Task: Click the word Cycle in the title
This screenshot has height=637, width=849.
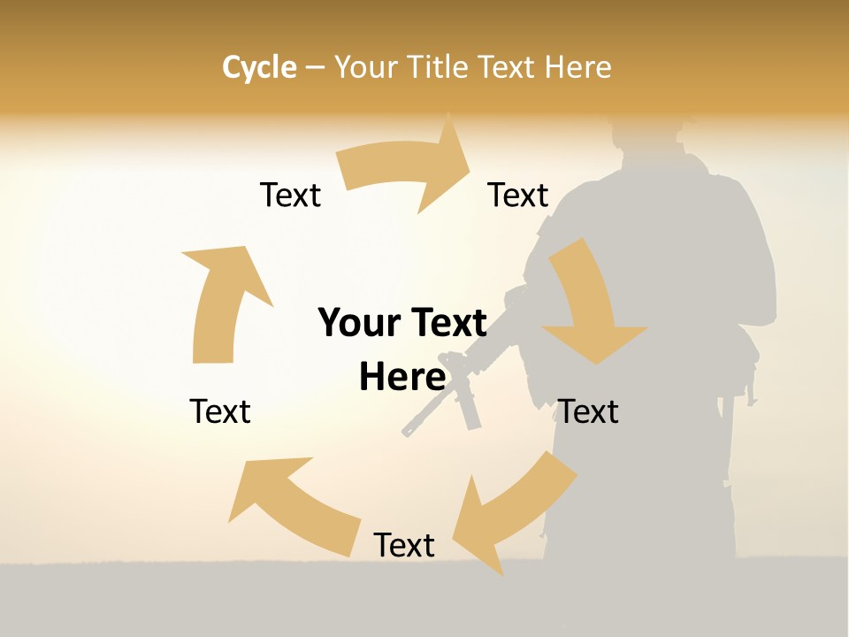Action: [x=259, y=67]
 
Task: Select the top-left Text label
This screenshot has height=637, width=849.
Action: [x=290, y=196]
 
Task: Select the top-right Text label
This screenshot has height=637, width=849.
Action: [x=518, y=196]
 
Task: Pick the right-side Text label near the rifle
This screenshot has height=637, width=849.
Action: [x=588, y=411]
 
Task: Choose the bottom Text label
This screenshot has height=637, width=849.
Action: [x=404, y=546]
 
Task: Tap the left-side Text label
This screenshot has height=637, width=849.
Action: [x=220, y=411]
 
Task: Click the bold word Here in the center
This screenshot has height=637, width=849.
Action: [x=402, y=378]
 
